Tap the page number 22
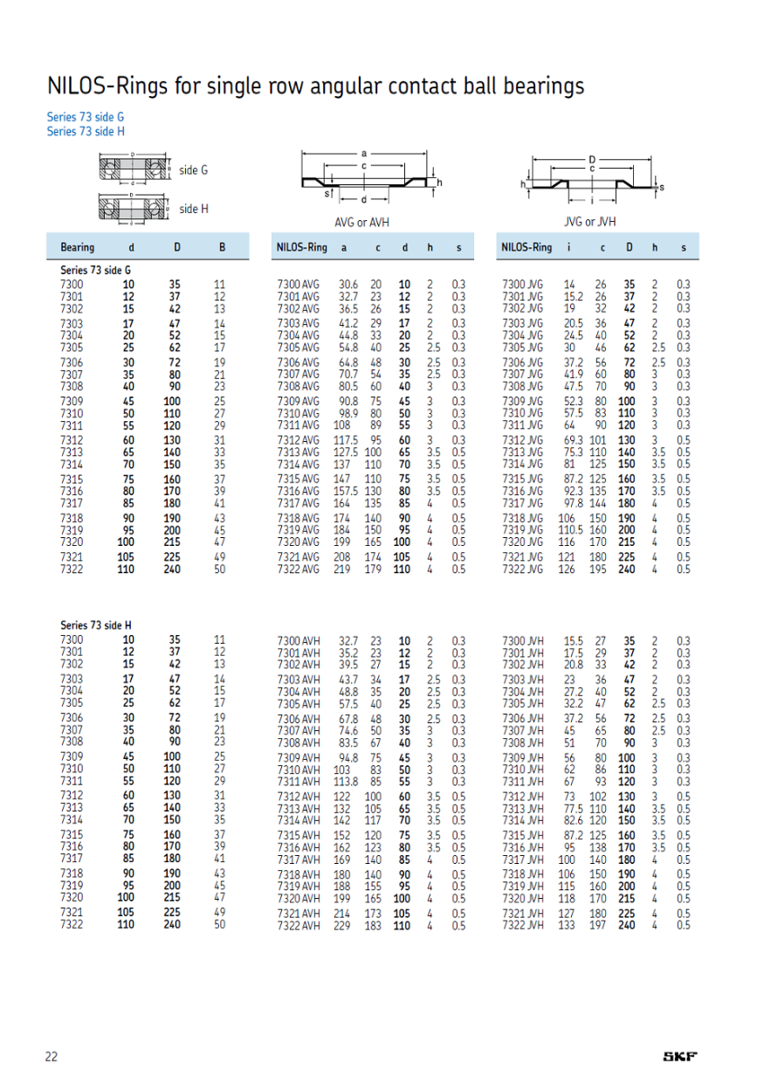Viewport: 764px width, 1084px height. point(52,1057)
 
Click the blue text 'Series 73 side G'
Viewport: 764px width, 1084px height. point(85,116)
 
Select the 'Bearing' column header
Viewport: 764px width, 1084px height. point(77,247)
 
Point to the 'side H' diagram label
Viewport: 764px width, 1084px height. point(193,210)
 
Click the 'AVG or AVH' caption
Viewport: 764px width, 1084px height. point(361,222)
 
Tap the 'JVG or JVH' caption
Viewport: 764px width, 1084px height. point(589,222)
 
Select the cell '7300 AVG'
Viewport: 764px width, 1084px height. point(298,284)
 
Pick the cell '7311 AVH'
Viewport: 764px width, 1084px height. point(298,781)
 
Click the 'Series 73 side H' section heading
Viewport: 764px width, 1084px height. point(96,625)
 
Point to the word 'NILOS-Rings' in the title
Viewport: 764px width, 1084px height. point(101,86)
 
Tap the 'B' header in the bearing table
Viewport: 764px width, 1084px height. point(222,247)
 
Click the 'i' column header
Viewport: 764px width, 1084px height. point(568,247)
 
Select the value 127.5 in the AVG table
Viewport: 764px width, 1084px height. point(348,452)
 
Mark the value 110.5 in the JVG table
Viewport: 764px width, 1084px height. point(569,529)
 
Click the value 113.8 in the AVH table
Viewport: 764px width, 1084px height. point(348,781)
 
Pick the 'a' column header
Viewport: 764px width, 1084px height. point(344,247)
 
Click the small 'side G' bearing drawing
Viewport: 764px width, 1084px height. point(133,170)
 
